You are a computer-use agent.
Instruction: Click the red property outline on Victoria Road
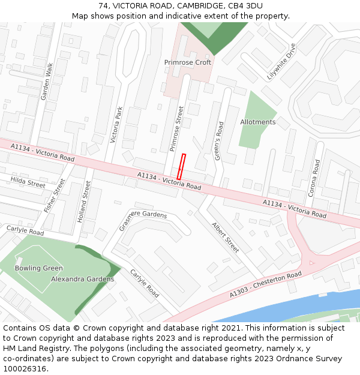[x=181, y=166]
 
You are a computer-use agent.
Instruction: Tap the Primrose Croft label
[x=188, y=62]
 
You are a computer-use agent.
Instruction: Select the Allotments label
[x=258, y=122]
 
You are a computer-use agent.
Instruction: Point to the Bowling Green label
[x=39, y=268]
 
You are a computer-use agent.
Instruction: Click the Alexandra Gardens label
[x=82, y=279]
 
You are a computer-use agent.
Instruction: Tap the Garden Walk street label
[x=46, y=82]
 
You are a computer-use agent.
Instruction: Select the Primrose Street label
[x=176, y=128]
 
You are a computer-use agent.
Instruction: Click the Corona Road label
[x=314, y=178]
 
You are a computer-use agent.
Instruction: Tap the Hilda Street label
[x=28, y=182]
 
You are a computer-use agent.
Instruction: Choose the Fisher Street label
[x=54, y=196]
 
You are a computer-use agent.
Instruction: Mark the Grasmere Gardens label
[x=143, y=214]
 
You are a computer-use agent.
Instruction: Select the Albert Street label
[x=226, y=236]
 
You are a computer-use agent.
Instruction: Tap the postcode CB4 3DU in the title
[x=242, y=6]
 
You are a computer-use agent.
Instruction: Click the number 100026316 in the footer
[x=23, y=368]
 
